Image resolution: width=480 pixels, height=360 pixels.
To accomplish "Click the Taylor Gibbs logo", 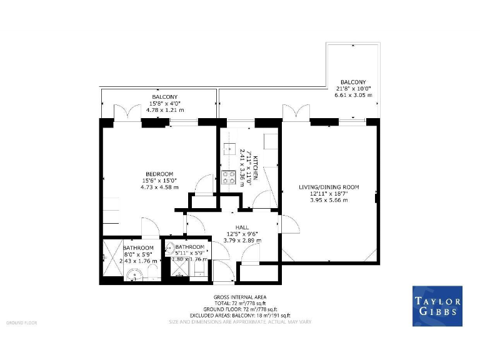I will coord(437,306).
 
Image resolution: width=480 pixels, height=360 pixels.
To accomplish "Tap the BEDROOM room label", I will coord(159,174).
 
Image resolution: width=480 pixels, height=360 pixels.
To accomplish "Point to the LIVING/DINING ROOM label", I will coord(328,187).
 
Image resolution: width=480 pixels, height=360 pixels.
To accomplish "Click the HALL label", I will coord(242,227).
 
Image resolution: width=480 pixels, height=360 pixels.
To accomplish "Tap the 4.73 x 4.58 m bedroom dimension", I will coord(159,187).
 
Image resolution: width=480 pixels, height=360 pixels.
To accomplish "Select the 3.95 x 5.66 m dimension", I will coord(328,200).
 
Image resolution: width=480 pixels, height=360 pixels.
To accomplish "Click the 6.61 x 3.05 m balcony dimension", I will coord(353,96).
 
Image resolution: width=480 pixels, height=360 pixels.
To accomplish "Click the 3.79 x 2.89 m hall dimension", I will coord(242,241).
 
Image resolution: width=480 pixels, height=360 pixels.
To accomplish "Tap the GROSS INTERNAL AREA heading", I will coord(239,296).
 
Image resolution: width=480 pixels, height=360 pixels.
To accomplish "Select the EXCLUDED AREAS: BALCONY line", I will coord(239,315).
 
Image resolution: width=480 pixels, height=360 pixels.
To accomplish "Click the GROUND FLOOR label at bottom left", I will coord(22,322).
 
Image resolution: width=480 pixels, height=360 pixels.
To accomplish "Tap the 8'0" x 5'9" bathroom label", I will coord(137,254).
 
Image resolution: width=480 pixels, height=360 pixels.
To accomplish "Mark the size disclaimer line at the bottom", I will coord(239,322).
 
